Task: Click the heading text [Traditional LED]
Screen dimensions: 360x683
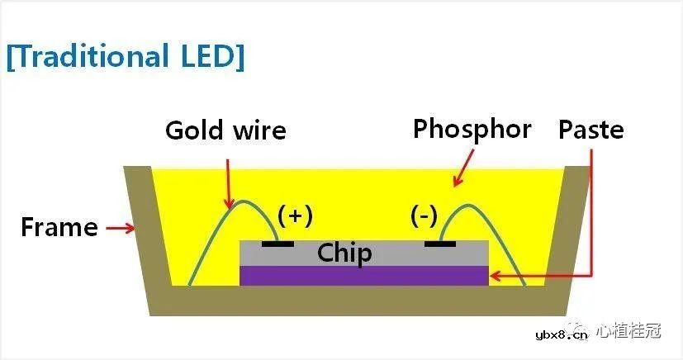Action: coord(125,57)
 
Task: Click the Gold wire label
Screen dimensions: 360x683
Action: coord(225,130)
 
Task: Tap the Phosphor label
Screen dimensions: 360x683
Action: coord(472,129)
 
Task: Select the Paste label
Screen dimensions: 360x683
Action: coord(591,130)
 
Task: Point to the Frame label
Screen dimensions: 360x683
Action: coord(59,227)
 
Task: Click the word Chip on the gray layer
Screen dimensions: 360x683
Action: coord(344,253)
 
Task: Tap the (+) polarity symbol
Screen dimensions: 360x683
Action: coord(295,216)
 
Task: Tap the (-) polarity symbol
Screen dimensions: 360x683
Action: coord(424,216)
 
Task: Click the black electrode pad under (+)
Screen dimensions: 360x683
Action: coord(277,244)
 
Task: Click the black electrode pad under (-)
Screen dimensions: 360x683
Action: coord(440,244)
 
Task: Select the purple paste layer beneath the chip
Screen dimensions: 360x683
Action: coord(363,275)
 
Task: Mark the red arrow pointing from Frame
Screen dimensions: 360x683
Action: coord(121,228)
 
